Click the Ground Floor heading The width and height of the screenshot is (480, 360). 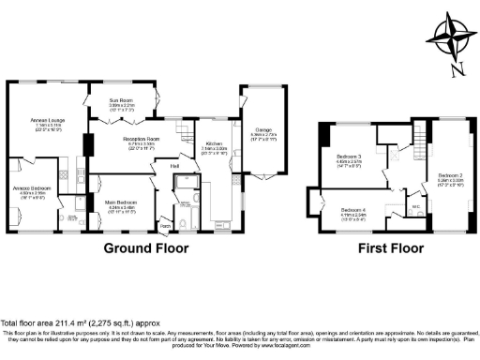tap(145, 249)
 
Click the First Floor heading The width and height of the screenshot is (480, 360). tap(393, 249)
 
